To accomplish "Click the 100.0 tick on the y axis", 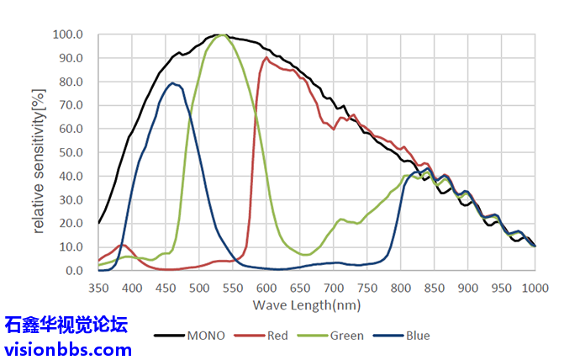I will point(67,35).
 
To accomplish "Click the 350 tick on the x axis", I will point(98,288).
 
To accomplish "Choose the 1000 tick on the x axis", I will point(535,288).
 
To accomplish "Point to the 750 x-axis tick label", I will point(367,288).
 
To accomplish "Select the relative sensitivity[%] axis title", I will point(40,153).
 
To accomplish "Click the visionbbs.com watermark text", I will point(68,348).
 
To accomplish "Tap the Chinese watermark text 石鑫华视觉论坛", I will point(66,325).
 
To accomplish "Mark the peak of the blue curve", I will point(172,83).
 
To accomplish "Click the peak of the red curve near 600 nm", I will point(266,58).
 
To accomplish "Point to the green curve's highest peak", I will point(222,36).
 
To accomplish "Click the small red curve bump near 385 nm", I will point(123,246).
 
